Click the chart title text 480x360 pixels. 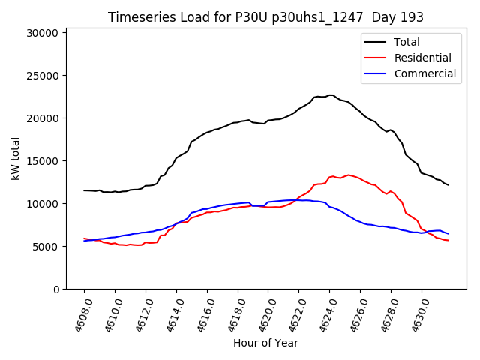265,17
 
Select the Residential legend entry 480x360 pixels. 422,58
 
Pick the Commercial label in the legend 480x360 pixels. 424,73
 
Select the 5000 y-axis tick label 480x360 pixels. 46,247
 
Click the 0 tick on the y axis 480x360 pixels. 55,289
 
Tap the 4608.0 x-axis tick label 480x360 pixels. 77,313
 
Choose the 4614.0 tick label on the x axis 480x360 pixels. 169,313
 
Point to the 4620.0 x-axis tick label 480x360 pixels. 262,313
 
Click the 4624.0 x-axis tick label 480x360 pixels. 323,313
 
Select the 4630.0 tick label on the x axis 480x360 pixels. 415,313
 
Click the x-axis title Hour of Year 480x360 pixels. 265,343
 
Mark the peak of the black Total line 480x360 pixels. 331,95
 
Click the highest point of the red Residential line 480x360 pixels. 348,175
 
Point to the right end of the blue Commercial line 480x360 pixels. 448,233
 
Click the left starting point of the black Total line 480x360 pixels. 84,190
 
